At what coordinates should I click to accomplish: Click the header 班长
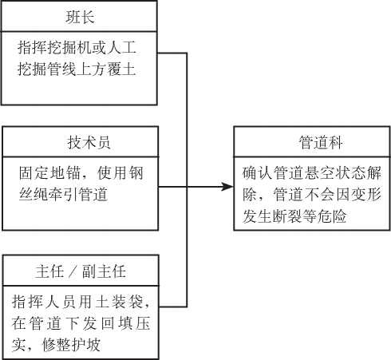point(80,17)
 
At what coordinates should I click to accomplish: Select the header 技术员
point(89,142)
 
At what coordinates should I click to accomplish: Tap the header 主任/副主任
point(81,271)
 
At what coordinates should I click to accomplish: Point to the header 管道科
point(321,142)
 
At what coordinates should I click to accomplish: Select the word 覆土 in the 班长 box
point(121,69)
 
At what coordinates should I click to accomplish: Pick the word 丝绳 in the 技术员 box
point(34,194)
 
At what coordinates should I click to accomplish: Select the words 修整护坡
point(71,344)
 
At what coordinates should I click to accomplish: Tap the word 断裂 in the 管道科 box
point(287,216)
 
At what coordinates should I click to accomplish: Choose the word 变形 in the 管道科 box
point(366,194)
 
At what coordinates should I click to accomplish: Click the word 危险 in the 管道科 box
point(331,216)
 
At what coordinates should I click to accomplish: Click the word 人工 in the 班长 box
point(121,47)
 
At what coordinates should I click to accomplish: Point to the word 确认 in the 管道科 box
point(258,172)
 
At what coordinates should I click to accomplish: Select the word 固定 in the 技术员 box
point(34,172)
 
